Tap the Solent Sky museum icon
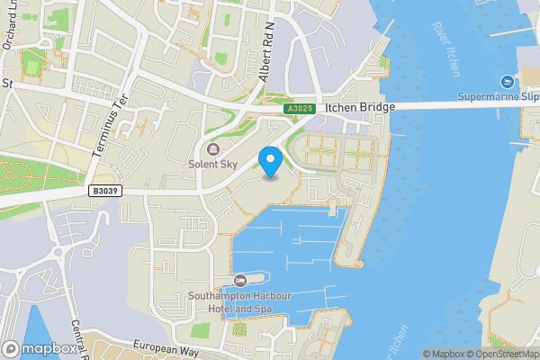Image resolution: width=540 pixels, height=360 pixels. click(x=213, y=149)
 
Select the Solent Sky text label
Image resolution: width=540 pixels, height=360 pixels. click(x=213, y=165)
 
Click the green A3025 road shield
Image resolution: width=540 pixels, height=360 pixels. click(x=301, y=108)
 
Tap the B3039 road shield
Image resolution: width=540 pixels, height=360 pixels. click(x=106, y=191)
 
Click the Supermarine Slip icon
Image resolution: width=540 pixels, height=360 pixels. click(x=507, y=81)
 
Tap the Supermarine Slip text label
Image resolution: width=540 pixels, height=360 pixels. click(x=498, y=96)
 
